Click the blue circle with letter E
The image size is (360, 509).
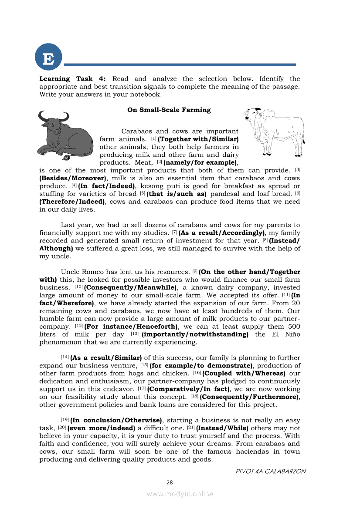pyautogui.click(x=48, y=59)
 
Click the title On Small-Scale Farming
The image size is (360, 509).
pyautogui.click(x=169, y=110)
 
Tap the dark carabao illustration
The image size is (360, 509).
pyautogui.click(x=65, y=135)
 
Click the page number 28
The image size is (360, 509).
pyautogui.click(x=170, y=482)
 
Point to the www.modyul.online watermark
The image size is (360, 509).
pyautogui.click(x=180, y=494)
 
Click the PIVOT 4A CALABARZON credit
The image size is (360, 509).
pyautogui.click(x=270, y=471)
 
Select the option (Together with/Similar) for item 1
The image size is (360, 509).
pyautogui.click(x=198, y=139)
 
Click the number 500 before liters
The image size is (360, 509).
pyautogui.click(x=294, y=326)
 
